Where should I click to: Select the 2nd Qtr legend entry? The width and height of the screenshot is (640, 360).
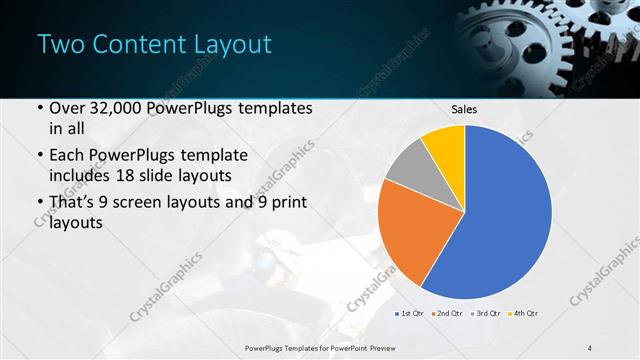click(x=447, y=314)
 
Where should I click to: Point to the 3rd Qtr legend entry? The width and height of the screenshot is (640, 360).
click(x=486, y=314)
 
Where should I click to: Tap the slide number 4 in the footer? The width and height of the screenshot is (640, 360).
click(x=590, y=346)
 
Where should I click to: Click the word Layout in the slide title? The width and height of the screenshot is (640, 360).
click(x=229, y=44)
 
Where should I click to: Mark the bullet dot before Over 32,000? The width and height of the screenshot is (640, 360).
click(x=39, y=108)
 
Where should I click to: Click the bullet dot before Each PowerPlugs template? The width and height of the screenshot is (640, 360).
click(x=39, y=156)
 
